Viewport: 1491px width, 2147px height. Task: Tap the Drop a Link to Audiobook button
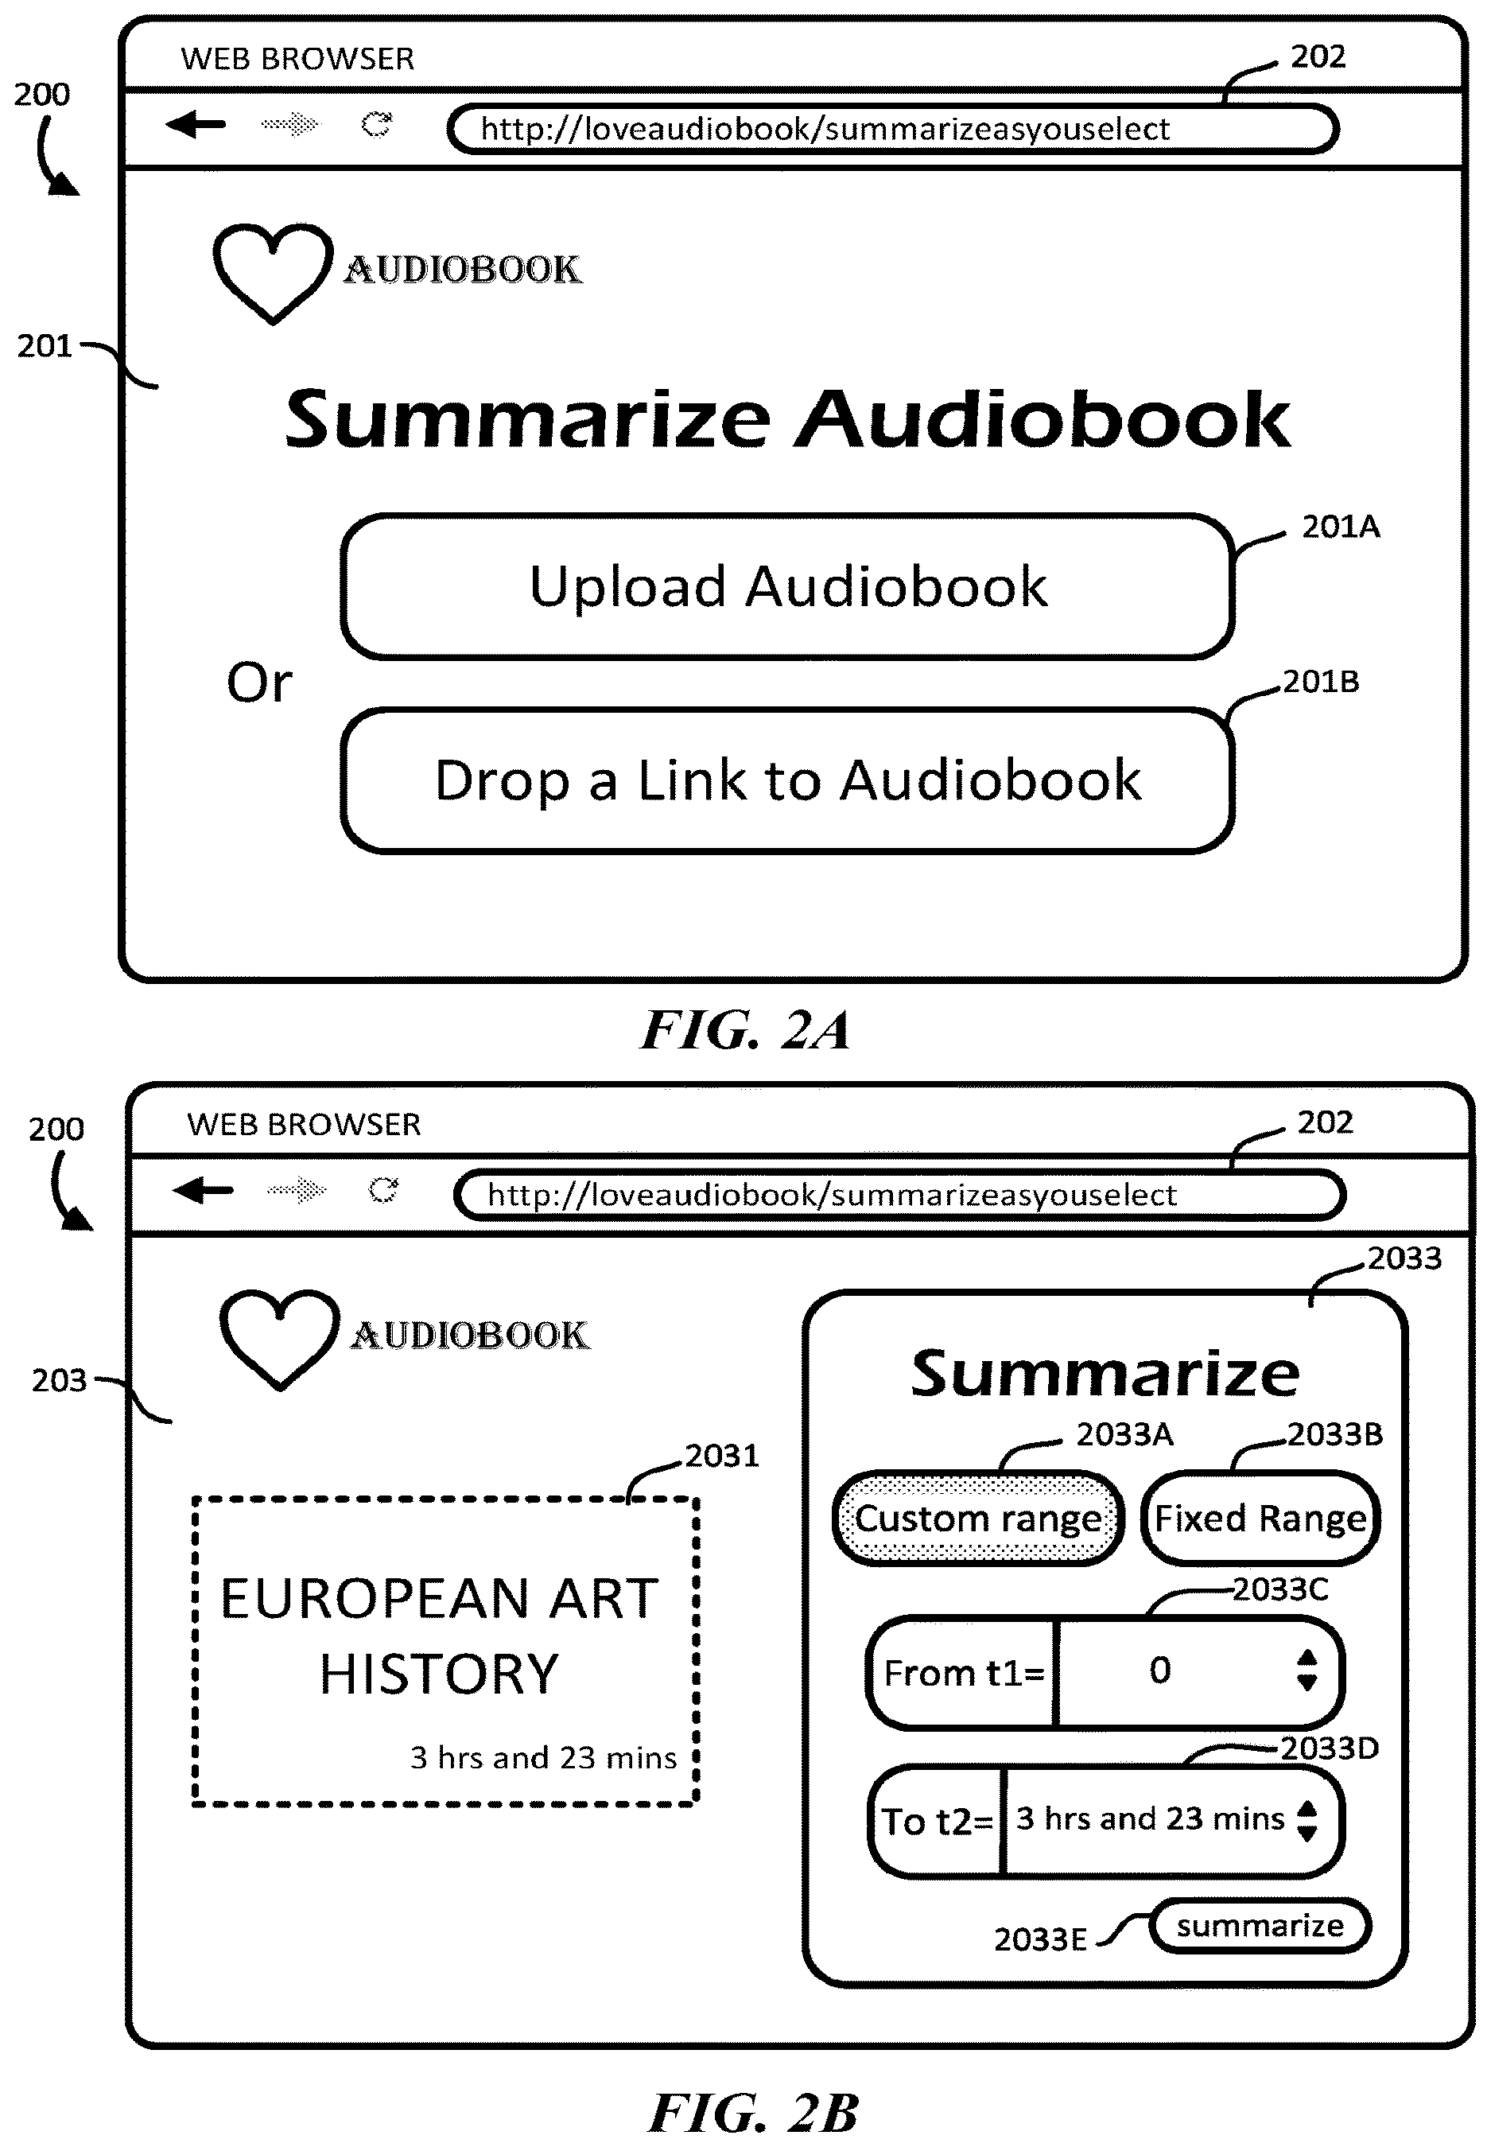[787, 780]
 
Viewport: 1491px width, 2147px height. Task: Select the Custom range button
[978, 1519]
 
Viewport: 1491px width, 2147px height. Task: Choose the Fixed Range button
[1260, 1519]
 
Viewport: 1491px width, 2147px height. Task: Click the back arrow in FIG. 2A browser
[196, 123]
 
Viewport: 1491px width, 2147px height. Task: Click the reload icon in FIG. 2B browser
[383, 1189]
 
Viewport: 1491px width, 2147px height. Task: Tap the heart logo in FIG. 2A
[273, 273]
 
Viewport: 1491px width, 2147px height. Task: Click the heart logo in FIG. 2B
[279, 1339]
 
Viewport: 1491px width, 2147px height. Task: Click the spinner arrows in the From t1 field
[1307, 1671]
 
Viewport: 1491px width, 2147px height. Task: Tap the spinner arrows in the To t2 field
[1308, 1820]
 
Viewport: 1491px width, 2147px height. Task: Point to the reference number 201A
[1341, 527]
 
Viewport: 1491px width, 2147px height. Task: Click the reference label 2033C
[1279, 1589]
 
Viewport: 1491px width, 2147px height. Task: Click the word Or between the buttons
[258, 683]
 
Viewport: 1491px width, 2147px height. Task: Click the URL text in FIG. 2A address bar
[825, 129]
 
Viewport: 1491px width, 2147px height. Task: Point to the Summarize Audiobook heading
[787, 418]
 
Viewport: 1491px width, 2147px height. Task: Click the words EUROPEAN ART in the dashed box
[439, 1599]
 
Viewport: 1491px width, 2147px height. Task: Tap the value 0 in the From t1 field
[1159, 1670]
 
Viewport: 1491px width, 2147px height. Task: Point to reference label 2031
[722, 1456]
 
